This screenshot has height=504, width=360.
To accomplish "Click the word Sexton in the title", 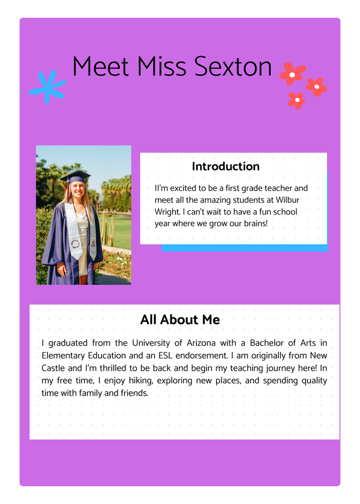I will pyautogui.click(x=233, y=66).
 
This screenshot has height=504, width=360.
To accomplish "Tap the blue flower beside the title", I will pyautogui.click(x=47, y=87).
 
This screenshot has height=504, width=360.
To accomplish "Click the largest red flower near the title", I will pyautogui.click(x=292, y=74).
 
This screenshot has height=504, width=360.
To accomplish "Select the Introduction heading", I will pyautogui.click(x=226, y=166).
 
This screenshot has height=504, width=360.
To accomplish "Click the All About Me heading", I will pyautogui.click(x=180, y=320).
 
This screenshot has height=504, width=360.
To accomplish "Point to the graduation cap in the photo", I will pyautogui.click(x=75, y=176).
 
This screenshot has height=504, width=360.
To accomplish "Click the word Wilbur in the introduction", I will pyautogui.click(x=288, y=200).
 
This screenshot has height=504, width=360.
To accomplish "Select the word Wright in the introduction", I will pyautogui.click(x=166, y=212).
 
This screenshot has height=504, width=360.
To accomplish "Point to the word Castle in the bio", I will pyautogui.click(x=53, y=368).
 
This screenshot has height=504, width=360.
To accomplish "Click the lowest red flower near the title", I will pyautogui.click(x=296, y=100).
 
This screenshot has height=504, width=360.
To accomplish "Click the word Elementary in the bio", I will pyautogui.click(x=63, y=355).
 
